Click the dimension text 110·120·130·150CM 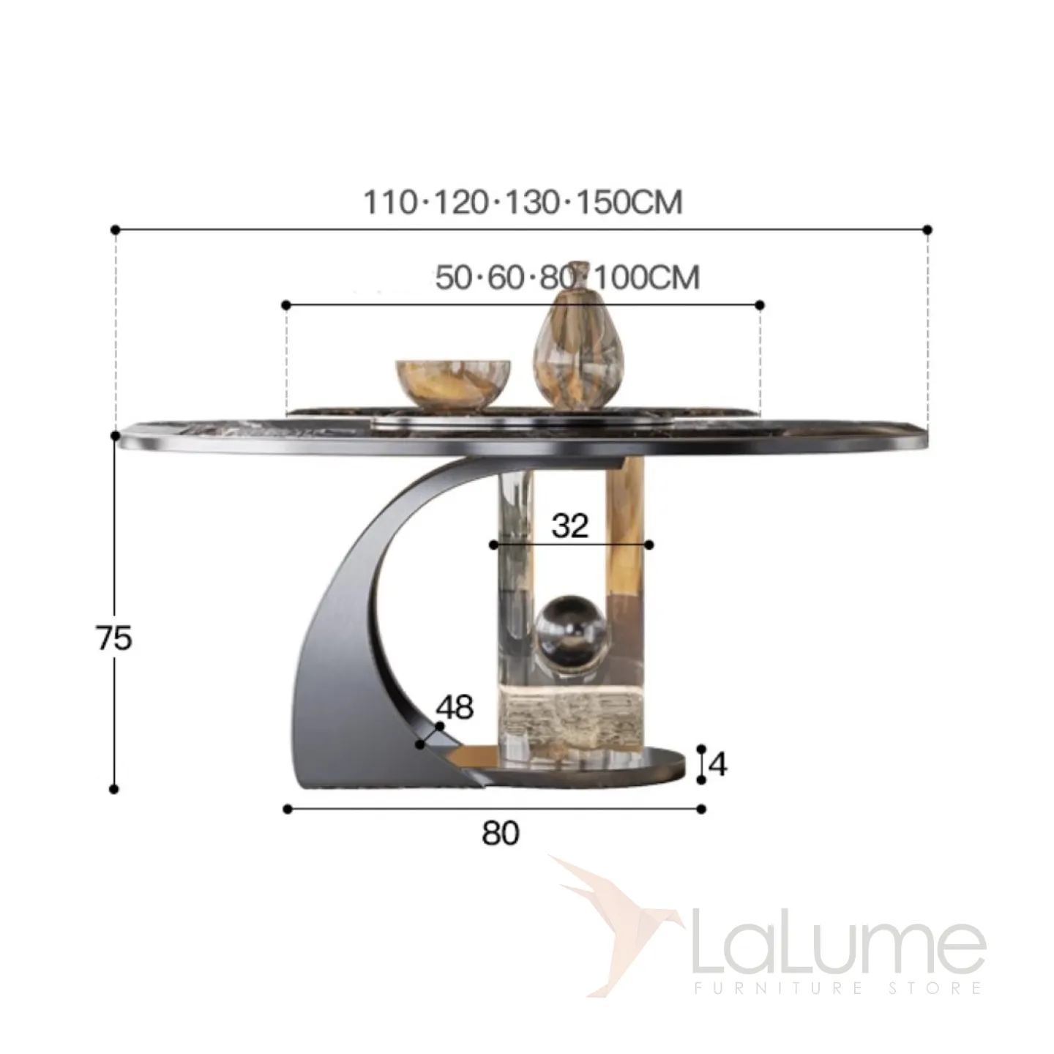click(x=523, y=202)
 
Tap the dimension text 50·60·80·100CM click(x=567, y=277)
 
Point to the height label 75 click(x=114, y=638)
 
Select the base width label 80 click(x=501, y=834)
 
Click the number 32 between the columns click(x=570, y=526)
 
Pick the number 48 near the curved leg click(x=455, y=707)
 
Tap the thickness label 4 click(x=717, y=764)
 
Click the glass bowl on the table click(x=453, y=384)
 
